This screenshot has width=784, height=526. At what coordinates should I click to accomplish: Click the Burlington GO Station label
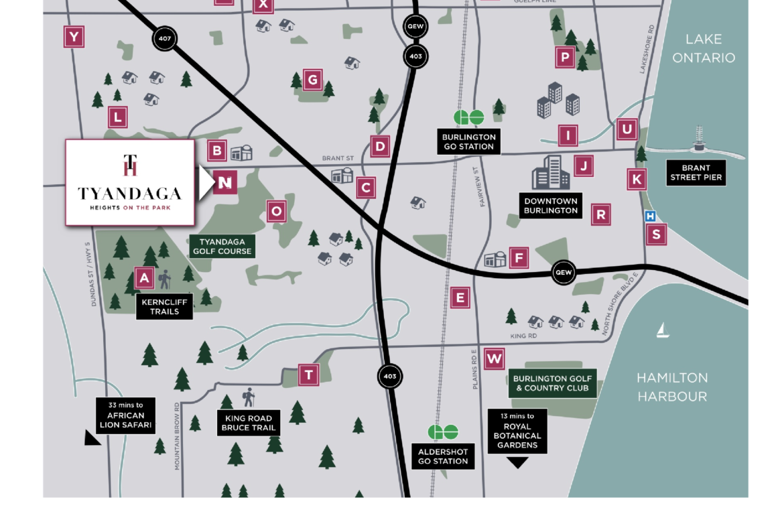coord(468,141)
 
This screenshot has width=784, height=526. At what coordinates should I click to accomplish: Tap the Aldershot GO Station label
coord(443,456)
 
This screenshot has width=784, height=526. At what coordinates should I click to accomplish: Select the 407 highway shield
coord(165,39)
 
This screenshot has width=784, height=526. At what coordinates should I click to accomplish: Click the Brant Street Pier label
coord(696,173)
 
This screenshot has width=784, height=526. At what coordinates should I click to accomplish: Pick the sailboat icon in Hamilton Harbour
coord(663,329)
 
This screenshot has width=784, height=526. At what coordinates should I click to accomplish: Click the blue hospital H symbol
coord(649,216)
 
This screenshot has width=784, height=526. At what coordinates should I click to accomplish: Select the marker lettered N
coord(226,182)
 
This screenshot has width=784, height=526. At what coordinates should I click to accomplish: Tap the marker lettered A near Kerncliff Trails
coord(143,278)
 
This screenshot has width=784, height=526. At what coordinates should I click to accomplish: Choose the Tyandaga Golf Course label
coord(222,247)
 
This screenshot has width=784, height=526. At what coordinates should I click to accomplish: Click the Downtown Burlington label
coord(551,206)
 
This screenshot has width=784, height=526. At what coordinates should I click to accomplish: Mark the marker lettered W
coord(495,359)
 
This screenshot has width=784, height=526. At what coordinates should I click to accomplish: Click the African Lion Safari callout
coord(125,415)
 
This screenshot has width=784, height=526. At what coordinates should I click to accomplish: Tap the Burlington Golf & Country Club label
coord(551,383)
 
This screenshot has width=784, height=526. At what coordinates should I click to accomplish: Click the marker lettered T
coord(308,375)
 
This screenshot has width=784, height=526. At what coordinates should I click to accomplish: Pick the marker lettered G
coord(312,80)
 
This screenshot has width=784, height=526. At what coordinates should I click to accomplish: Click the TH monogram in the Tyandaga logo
coord(130,165)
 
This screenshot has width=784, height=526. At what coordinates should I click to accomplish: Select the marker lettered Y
coord(74,37)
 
